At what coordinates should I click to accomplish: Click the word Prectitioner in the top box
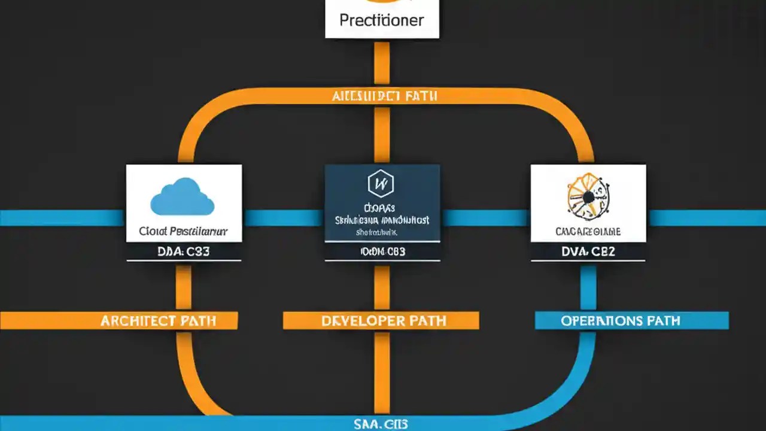[382, 20]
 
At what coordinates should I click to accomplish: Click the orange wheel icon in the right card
[587, 196]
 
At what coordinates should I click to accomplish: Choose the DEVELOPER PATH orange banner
[381, 321]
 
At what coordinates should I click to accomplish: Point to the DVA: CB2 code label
[588, 251]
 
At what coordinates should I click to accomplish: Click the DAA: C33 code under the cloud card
[184, 251]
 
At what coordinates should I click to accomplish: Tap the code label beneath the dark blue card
[382, 251]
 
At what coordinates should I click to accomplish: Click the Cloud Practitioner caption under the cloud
[183, 230]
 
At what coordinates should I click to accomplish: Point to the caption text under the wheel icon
[588, 231]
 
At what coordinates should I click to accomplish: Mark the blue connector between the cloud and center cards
[283, 218]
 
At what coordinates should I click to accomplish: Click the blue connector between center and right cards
[485, 218]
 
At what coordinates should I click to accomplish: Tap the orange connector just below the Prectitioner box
[382, 62]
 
